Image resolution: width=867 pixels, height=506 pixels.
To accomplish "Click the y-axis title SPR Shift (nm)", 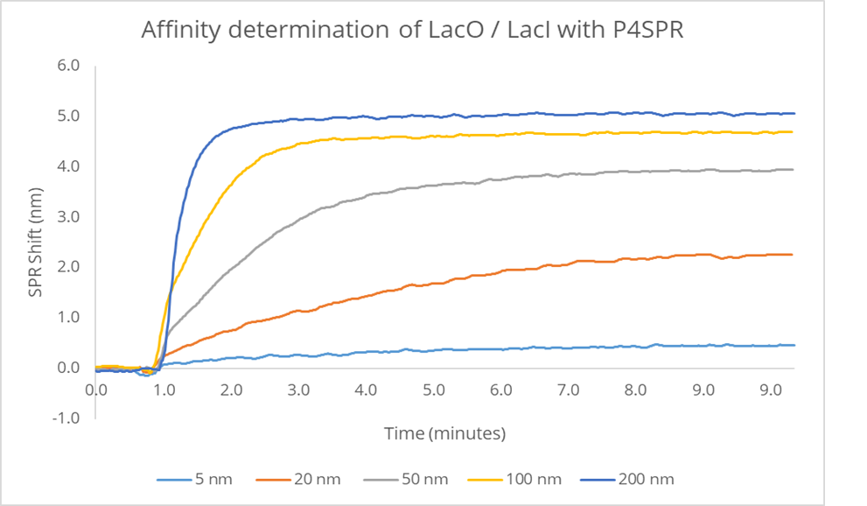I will tap(35, 241).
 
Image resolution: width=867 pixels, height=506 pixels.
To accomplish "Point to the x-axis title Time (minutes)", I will tap(444, 433).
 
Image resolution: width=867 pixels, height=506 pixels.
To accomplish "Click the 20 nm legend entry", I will tap(300, 479).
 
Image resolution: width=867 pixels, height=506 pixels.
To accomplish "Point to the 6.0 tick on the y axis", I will tap(69, 66).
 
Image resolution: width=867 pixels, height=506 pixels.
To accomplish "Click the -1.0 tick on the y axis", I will tap(67, 418).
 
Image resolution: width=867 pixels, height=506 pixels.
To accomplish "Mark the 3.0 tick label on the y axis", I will tap(69, 217).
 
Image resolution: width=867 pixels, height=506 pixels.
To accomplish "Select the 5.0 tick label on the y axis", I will tap(69, 116).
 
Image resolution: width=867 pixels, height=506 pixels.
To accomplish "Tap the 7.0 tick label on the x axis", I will tap(568, 388).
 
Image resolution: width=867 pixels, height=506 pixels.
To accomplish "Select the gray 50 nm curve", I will tap(437, 185).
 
